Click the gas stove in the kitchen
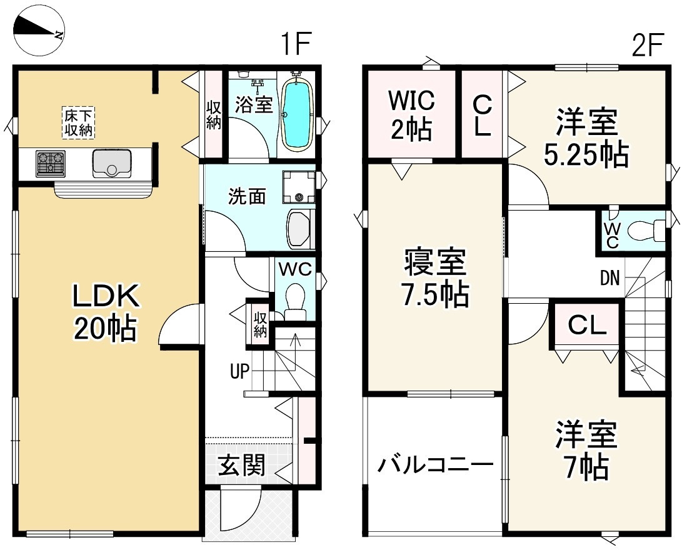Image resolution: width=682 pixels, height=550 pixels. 51,164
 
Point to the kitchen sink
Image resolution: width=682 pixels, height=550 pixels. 111,164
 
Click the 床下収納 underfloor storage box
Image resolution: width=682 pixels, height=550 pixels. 78,122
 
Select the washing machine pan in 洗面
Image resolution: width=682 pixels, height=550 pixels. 299,187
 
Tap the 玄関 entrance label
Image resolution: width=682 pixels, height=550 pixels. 241,465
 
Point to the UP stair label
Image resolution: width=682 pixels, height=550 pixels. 239,372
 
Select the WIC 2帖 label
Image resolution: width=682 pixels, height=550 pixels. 411,114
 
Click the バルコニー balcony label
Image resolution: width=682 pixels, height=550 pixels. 436,466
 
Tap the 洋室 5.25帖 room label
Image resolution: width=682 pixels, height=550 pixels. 586,139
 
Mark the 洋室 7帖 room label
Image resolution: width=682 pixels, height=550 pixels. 586,450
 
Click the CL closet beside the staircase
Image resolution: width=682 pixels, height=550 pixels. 586,324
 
